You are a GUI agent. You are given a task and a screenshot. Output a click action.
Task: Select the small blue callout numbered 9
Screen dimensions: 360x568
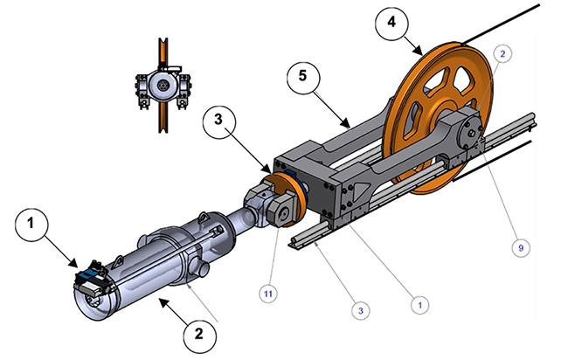pyautogui.click(x=521, y=248)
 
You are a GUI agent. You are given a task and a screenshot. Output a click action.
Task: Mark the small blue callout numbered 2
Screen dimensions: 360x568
pyautogui.click(x=502, y=53)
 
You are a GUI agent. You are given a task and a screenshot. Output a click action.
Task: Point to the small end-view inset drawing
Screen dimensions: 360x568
pyautogui.click(x=160, y=88)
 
